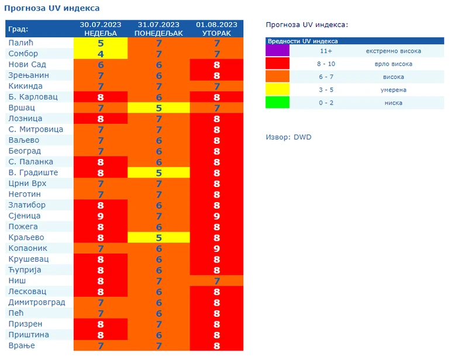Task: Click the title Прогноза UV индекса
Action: pyautogui.click(x=52, y=8)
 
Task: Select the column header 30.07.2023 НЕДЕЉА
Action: pyautogui.click(x=100, y=29)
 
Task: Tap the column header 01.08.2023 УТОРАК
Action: pyautogui.click(x=216, y=29)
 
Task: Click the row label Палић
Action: pyautogui.click(x=20, y=43)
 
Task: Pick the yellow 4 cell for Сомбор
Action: pyautogui.click(x=100, y=54)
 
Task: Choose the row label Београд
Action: pyautogui.click(x=25, y=151)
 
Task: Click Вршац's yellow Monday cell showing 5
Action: pyautogui.click(x=158, y=108)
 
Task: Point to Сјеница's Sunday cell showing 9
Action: pyautogui.click(x=100, y=216)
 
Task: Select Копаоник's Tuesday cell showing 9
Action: pyautogui.click(x=216, y=248)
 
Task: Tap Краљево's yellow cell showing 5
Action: pyautogui.click(x=158, y=237)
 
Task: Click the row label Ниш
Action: pyautogui.click(x=17, y=281)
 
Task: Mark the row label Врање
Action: pyautogui.click(x=22, y=345)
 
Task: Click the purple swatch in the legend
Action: pyautogui.click(x=277, y=51)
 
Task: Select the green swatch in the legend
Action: pyautogui.click(x=277, y=103)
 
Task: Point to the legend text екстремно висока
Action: pyautogui.click(x=393, y=51)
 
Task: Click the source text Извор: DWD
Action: pyautogui.click(x=289, y=137)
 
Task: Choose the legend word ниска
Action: pyautogui.click(x=394, y=103)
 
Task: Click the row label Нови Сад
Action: pyautogui.click(x=27, y=64)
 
